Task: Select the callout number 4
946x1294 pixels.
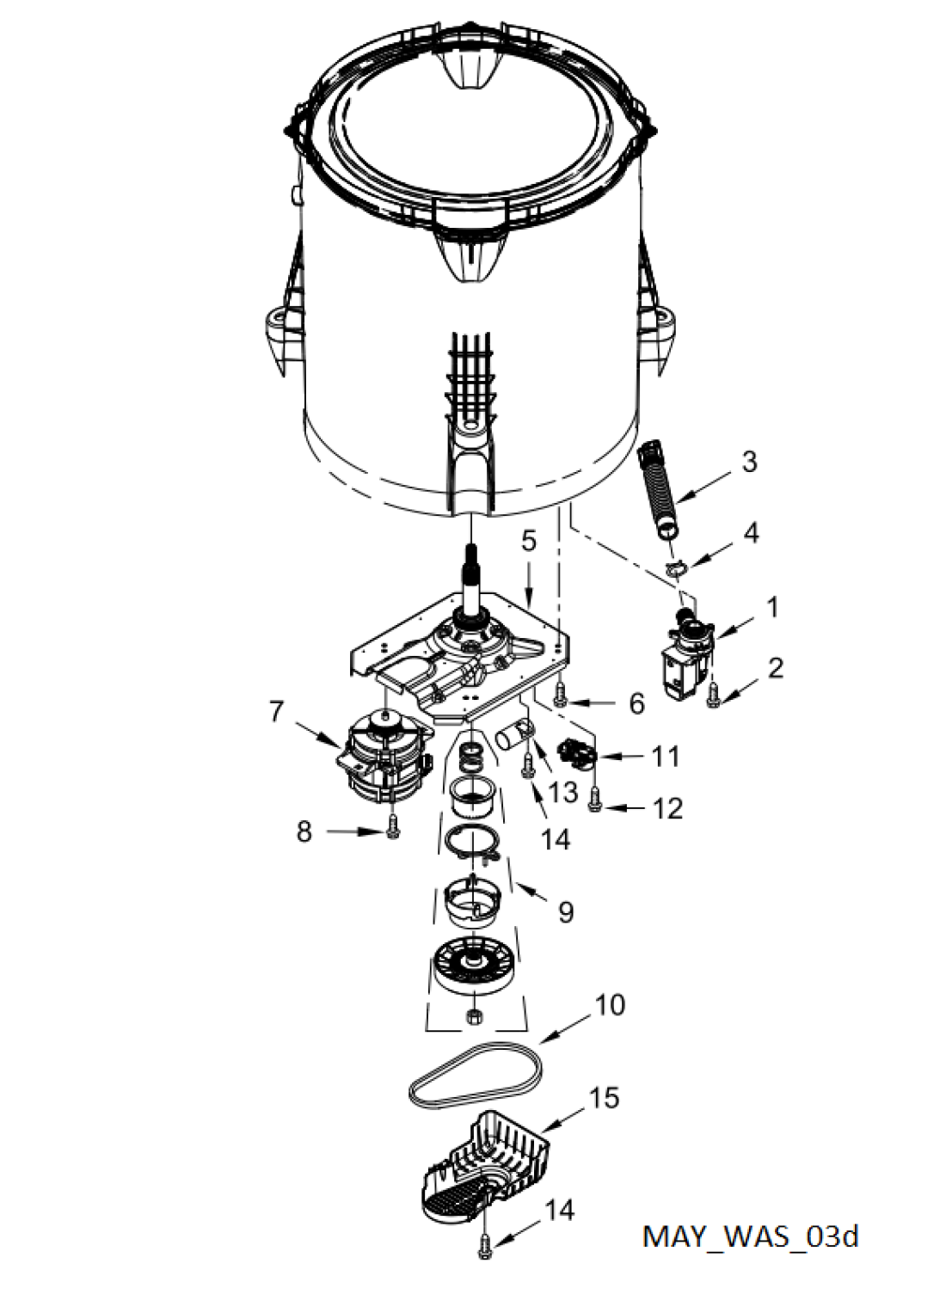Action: (x=750, y=533)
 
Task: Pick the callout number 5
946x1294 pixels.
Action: (x=529, y=542)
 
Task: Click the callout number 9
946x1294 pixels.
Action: (x=566, y=912)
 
